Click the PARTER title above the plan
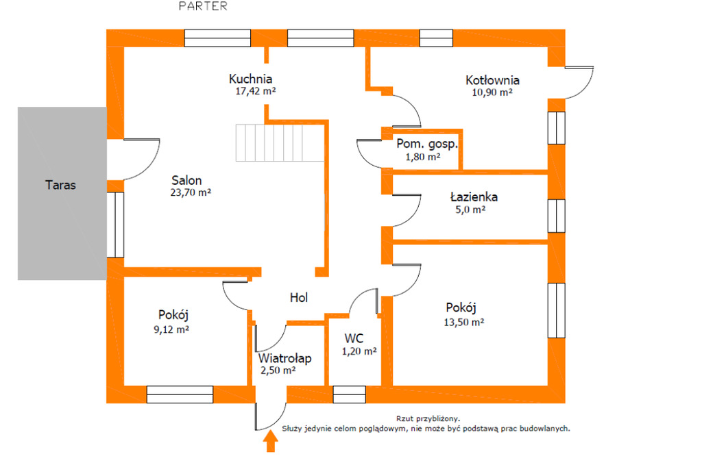pos(203,5)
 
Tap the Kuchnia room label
pos(250,79)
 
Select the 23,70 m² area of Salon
pos(191,193)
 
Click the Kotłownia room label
pos(492,81)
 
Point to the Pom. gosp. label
pos(427,144)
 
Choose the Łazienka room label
pos(474,197)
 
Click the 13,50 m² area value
pos(464,322)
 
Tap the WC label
pos(354,338)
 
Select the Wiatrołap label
pos(285,358)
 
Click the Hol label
pos(299,297)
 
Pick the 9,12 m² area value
pos(171,329)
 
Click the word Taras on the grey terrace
pos(60,185)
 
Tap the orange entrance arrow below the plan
pos(270,441)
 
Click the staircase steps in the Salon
pos(280,142)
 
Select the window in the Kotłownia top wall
pos(436,38)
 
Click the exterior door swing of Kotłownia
pos(580,82)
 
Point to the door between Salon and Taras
pos(141,160)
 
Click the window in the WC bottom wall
pos(349,394)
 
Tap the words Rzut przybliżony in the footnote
pos(428,418)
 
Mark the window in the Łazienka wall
pos(557,216)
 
